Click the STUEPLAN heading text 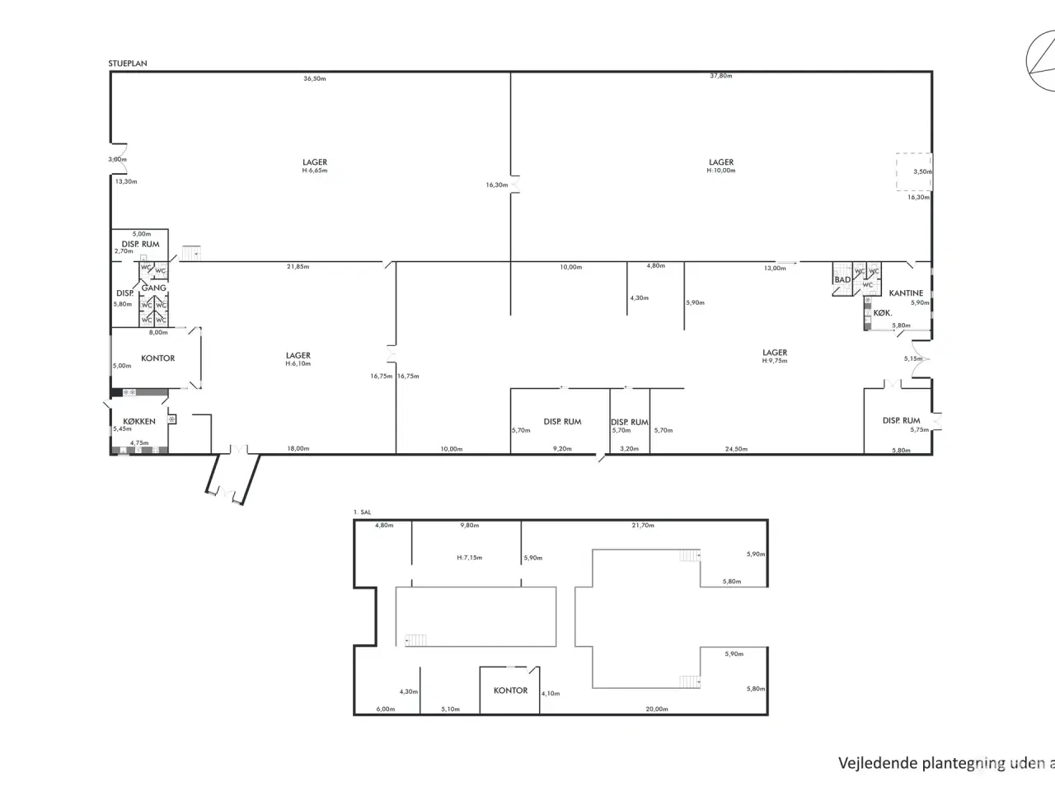click(x=127, y=63)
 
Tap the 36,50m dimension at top click(x=315, y=79)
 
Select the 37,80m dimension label click(x=721, y=76)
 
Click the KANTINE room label click(x=906, y=293)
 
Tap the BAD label click(x=842, y=280)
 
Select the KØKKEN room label click(x=139, y=421)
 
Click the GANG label click(x=153, y=288)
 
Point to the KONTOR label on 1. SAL click(x=510, y=690)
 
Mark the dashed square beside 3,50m click(x=914, y=172)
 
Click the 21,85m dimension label click(x=298, y=267)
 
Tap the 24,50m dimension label click(x=736, y=449)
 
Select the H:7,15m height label click(x=469, y=558)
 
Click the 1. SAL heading click(x=362, y=513)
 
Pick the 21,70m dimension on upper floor click(x=643, y=526)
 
